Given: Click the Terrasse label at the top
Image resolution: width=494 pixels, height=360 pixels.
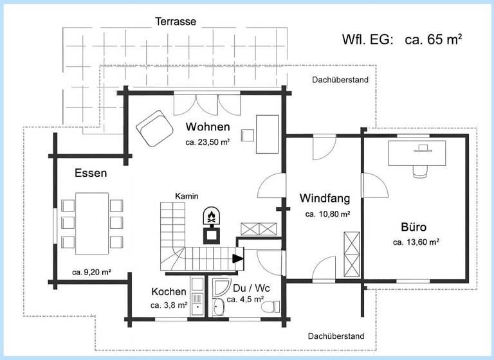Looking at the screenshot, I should pos(176,21).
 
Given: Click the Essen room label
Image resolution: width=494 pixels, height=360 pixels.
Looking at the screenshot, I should pos(91,173).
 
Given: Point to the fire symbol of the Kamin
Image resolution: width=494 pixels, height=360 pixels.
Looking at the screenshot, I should pos(211,215).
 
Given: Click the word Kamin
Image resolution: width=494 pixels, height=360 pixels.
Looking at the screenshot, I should pos(187,195).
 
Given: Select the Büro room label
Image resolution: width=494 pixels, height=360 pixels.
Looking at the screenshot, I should pos(414,226).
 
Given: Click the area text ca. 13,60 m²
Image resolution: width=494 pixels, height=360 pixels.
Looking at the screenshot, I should pos(416,242).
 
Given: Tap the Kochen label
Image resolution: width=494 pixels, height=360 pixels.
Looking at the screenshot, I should pos(169,291).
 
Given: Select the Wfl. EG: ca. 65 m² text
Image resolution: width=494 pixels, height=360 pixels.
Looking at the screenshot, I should pos(402,39).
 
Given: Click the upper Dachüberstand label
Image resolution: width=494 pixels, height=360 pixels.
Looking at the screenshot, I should pos(340,80).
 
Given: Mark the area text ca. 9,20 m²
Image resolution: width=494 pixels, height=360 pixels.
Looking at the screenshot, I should pos(92,272).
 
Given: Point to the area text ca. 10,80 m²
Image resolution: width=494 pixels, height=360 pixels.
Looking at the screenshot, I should pos(327,213).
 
